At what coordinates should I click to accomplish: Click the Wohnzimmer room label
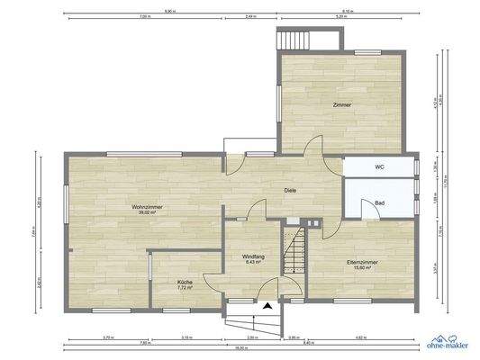[x=145, y=209]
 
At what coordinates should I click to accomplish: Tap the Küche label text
[x=184, y=283]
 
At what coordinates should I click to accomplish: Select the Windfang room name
[x=251, y=256]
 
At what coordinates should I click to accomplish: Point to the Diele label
[x=291, y=190]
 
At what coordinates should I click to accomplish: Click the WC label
[x=379, y=167]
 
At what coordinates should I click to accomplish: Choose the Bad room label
[x=381, y=203]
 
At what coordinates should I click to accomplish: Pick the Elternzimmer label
[x=361, y=262]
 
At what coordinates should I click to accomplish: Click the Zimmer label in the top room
[x=341, y=106]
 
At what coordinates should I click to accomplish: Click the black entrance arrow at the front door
[x=267, y=306]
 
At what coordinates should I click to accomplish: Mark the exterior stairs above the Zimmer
[x=295, y=41]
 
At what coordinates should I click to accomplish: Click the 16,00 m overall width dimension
[x=241, y=347]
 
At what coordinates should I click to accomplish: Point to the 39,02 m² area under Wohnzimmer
[x=144, y=214]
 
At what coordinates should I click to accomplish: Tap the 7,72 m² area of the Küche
[x=184, y=289]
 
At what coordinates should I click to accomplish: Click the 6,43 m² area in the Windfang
[x=251, y=262]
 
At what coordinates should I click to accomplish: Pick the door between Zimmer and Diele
[x=312, y=154]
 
